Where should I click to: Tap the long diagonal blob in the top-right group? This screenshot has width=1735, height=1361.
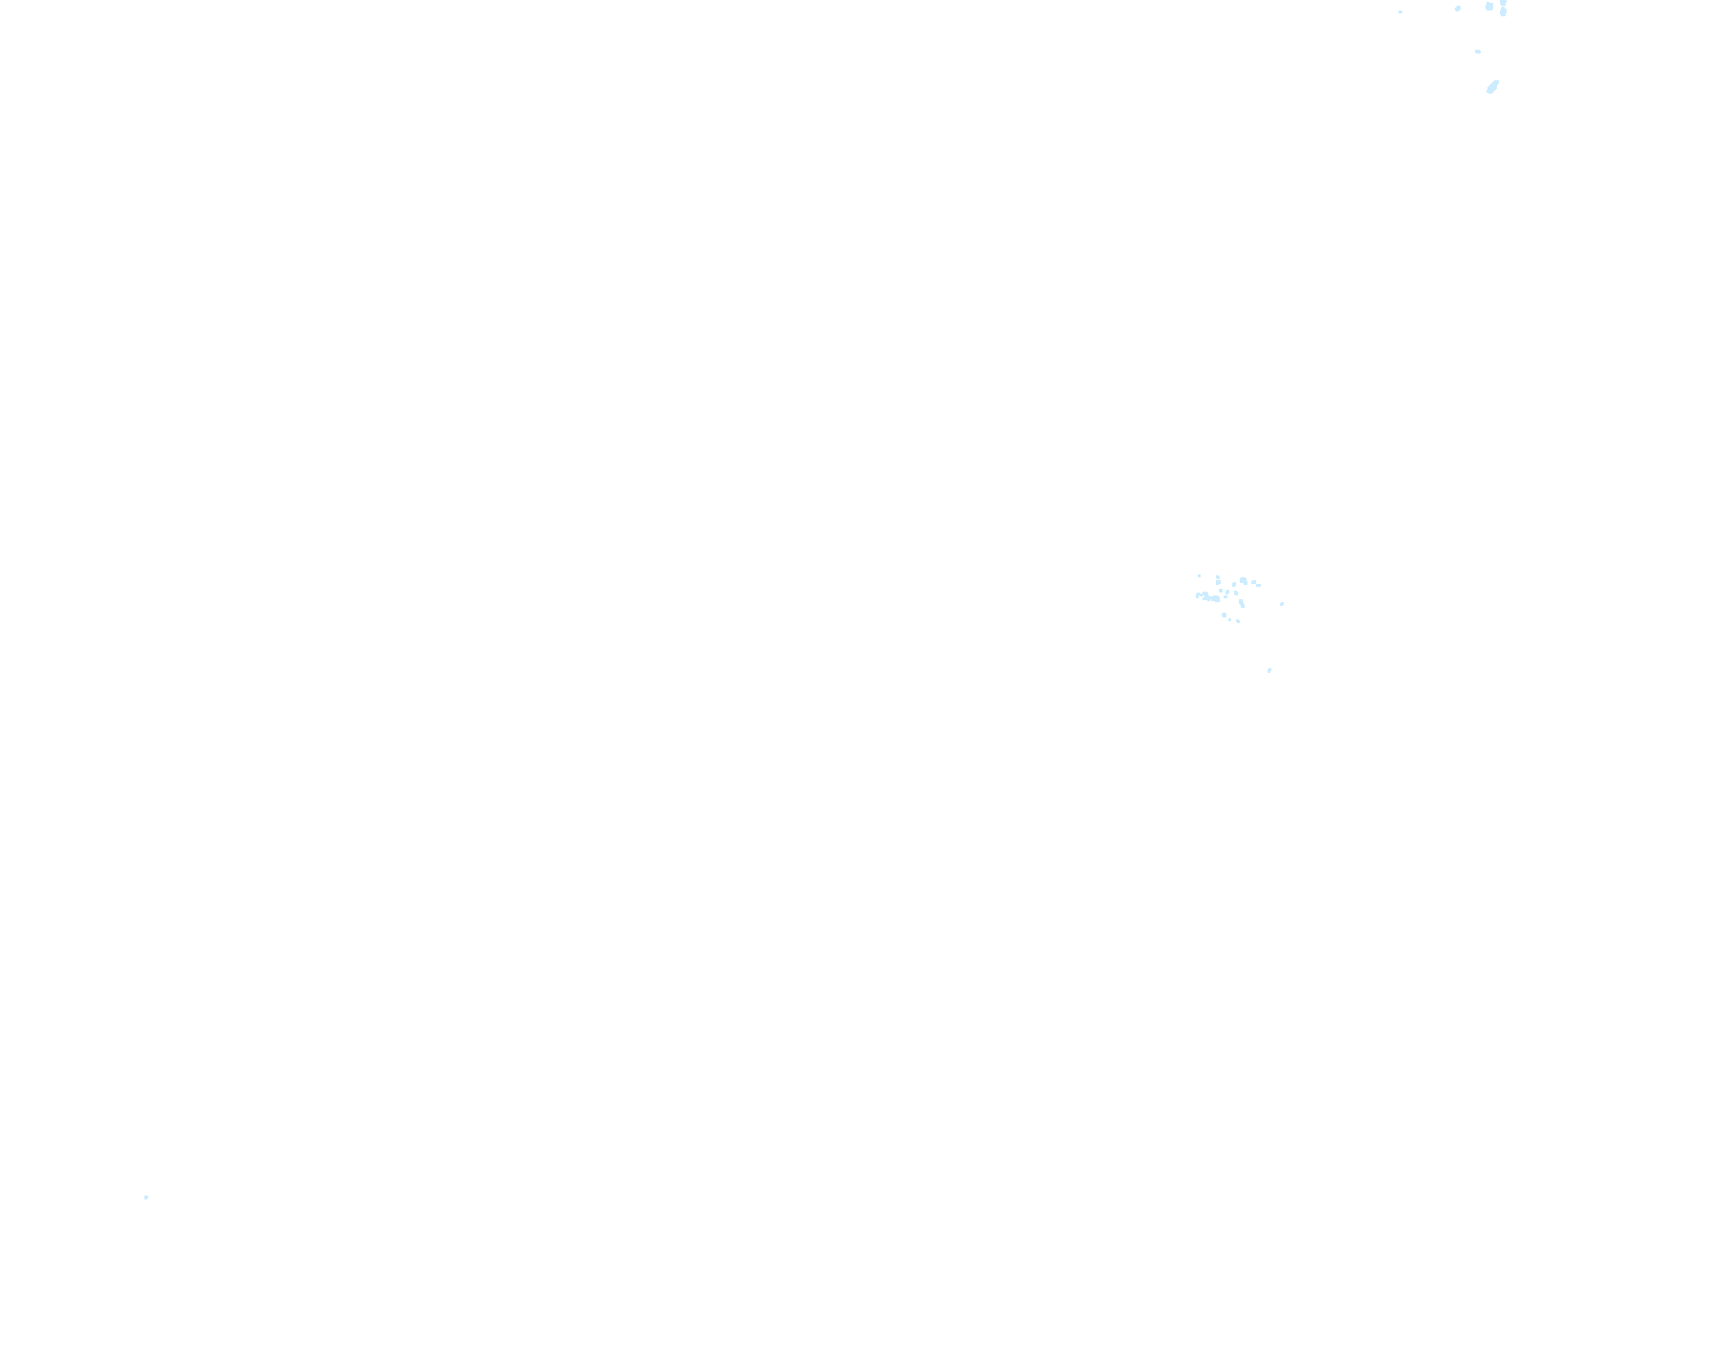1492,87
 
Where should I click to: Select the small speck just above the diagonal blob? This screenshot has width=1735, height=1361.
1478,52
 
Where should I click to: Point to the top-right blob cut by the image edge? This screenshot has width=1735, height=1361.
1504,3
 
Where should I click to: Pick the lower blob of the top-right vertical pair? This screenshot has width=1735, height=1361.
1503,12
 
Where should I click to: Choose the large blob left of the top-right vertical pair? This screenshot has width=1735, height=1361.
1489,7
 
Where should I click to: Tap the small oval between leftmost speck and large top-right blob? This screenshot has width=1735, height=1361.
1458,9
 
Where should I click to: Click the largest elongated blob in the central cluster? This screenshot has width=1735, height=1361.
1208,597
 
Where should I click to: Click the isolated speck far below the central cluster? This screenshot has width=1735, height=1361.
1269,670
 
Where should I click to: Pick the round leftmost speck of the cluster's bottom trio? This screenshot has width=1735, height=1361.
1224,615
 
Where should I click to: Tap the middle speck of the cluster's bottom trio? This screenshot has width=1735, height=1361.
1230,619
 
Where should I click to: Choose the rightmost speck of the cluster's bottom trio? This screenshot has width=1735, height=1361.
1238,621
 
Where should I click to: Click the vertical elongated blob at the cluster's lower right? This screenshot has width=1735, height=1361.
1242,603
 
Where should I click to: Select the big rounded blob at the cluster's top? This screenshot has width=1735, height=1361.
1243,580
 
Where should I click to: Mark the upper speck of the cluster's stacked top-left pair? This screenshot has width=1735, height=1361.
1217,577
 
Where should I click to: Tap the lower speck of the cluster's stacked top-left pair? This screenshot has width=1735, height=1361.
1218,583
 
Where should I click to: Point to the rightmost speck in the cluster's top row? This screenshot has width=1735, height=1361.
1258,584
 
